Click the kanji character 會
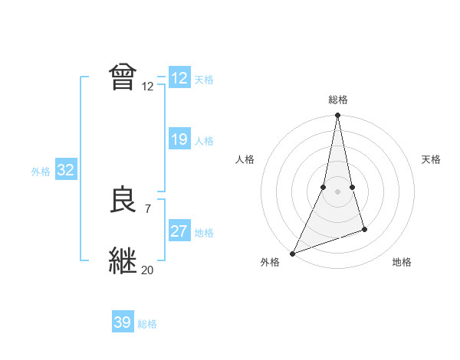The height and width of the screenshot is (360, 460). coord(123,77)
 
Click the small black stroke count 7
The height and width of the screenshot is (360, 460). coord(147,208)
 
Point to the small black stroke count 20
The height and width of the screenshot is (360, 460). coord(147,270)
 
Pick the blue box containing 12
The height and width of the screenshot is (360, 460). coord(179,78)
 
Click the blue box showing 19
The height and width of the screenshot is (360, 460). coord(179,139)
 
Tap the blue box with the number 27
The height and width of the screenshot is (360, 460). coord(179,231)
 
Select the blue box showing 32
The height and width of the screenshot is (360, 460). coord(65,170)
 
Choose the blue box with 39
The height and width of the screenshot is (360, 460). coord(123,322)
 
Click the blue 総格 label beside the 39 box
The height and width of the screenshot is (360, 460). coord(147,324)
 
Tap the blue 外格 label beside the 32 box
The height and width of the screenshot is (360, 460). coord(41,172)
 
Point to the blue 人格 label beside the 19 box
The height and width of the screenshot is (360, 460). coord(204,141)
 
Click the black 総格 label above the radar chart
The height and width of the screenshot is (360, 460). coord(337,100)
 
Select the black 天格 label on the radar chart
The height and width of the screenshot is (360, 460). coord(431,159)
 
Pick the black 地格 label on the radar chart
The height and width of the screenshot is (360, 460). coord(402,262)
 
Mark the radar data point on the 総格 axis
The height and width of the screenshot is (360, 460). coord(337,116)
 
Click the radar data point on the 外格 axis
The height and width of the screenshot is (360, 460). coord(292,253)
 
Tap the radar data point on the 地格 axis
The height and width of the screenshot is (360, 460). coord(364,229)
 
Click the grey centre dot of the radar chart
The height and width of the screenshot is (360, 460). coord(337,191)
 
